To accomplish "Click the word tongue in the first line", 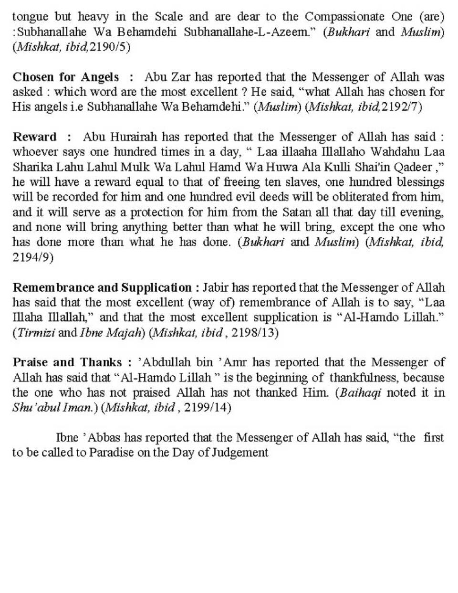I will coord(31,17).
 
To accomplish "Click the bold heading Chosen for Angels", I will coord(66,77).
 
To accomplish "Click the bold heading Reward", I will coord(34,137).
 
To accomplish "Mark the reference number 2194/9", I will coord(32,257).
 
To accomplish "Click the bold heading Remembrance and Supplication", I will coord(102,287).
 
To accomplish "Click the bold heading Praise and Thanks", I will coord(67,363).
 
